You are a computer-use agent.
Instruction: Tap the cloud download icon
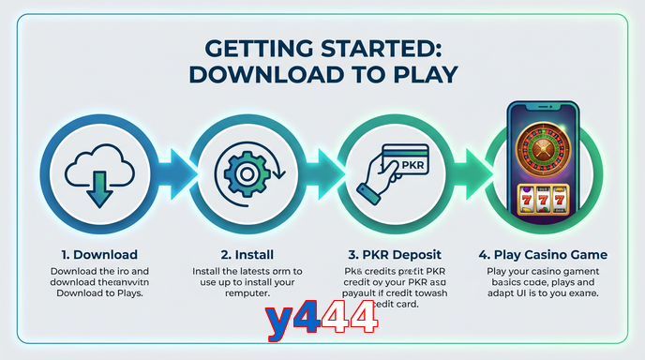point(95,172)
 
